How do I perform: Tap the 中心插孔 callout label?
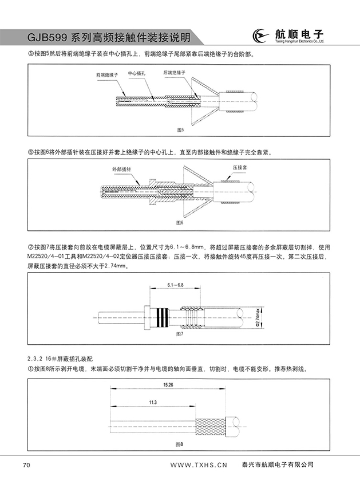pyautogui.click(x=137, y=74)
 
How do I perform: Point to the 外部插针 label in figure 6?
pyautogui.click(x=121, y=170)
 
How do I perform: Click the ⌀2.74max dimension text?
pyautogui.click(x=258, y=316)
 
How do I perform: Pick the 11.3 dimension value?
pyautogui.click(x=152, y=403)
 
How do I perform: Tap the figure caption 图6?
pyautogui.click(x=180, y=222)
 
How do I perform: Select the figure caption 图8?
pyautogui.click(x=180, y=444)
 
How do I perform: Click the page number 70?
pyautogui.click(x=26, y=465)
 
